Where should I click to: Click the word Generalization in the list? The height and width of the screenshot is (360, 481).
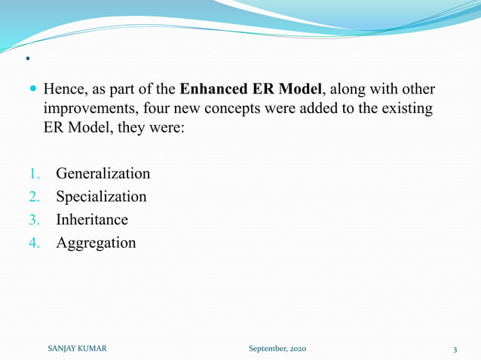pyautogui.click(x=103, y=174)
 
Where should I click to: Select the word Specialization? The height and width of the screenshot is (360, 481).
pyautogui.click(x=101, y=197)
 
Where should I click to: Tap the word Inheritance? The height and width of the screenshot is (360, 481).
pyautogui.click(x=91, y=220)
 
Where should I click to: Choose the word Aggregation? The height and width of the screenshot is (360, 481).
pyautogui.click(x=96, y=243)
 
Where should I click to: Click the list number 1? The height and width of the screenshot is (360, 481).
pyautogui.click(x=34, y=174)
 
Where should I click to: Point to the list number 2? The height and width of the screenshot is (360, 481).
pyautogui.click(x=34, y=197)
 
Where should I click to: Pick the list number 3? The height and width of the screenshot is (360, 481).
pyautogui.click(x=34, y=220)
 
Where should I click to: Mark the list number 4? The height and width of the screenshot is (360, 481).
pyautogui.click(x=34, y=243)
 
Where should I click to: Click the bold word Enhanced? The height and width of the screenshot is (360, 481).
pyautogui.click(x=214, y=90)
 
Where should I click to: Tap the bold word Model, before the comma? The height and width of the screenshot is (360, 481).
pyautogui.click(x=299, y=90)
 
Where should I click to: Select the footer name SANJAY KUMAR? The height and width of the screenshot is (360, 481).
pyautogui.click(x=76, y=348)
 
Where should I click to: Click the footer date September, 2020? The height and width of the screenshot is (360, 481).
pyautogui.click(x=277, y=348)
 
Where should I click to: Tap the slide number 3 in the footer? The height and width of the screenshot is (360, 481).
pyautogui.click(x=455, y=348)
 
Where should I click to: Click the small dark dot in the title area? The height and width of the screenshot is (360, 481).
pyautogui.click(x=27, y=59)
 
